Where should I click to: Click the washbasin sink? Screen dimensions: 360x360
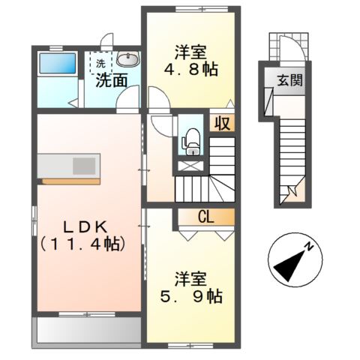[x=127, y=61]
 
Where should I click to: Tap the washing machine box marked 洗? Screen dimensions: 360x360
[x=100, y=62]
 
